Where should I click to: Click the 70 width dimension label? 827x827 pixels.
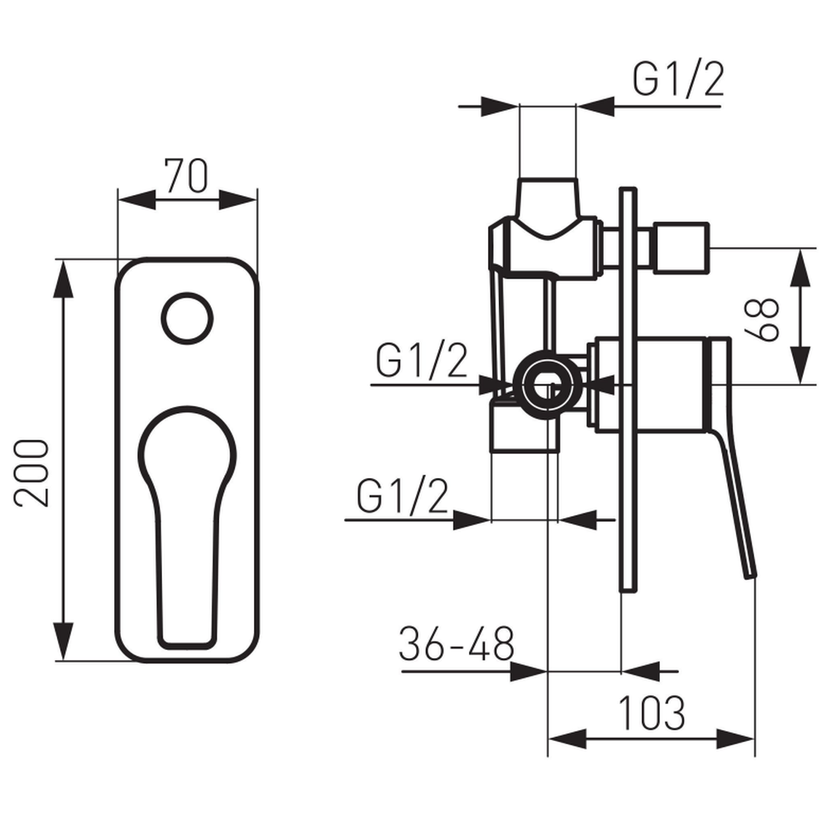pyautogui.click(x=186, y=175)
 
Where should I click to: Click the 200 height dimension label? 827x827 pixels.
pyautogui.click(x=31, y=474)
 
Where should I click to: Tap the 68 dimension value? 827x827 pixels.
pyautogui.click(x=761, y=319)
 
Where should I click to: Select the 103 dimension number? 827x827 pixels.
pyautogui.click(x=652, y=713)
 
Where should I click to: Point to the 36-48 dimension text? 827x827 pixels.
pyautogui.click(x=457, y=644)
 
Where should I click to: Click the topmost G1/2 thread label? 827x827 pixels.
pyautogui.click(x=678, y=79)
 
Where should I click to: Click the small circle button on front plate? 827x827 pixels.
pyautogui.click(x=187, y=319)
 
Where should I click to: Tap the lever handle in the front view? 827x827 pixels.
pyautogui.click(x=187, y=528)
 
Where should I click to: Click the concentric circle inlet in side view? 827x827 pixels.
pyautogui.click(x=547, y=385)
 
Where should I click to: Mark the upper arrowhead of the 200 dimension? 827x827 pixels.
pyautogui.click(x=64, y=279)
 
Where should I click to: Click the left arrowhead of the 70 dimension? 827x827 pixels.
pyautogui.click(x=137, y=200)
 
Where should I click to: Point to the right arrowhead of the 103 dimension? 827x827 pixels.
pyautogui.click(x=736, y=739)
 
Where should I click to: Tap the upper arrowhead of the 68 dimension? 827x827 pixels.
pyautogui.click(x=801, y=268)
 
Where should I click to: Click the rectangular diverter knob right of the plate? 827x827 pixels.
pyautogui.click(x=681, y=248)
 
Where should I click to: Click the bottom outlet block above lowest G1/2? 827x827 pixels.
pyautogui.click(x=524, y=426)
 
